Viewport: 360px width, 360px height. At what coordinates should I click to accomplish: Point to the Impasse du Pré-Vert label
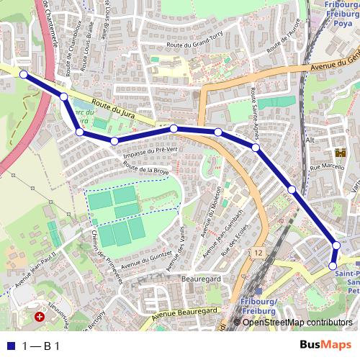[150, 150]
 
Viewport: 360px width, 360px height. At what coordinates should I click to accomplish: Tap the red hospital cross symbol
[40, 316]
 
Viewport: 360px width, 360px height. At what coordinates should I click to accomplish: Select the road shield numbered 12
[258, 253]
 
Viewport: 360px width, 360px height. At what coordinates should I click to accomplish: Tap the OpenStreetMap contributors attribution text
[297, 323]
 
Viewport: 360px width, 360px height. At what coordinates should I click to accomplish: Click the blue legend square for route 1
[9, 345]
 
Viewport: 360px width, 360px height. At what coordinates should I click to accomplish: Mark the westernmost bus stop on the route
[24, 74]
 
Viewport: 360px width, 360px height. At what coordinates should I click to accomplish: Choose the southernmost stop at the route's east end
[333, 266]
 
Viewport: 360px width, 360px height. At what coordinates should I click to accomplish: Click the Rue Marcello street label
[324, 168]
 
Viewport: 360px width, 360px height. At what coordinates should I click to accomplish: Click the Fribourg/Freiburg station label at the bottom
[256, 305]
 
